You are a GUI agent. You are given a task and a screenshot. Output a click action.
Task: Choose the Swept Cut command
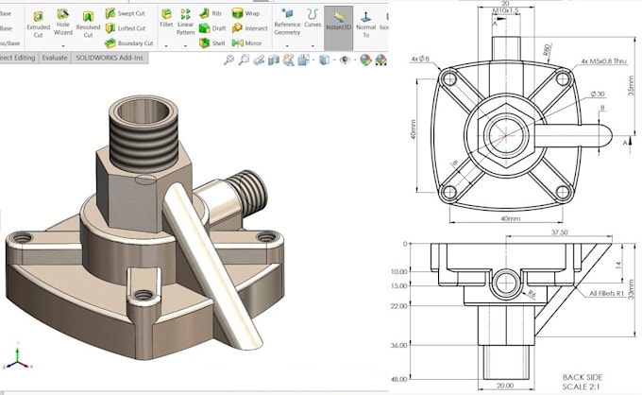point(126,13)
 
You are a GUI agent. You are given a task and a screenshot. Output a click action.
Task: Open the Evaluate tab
point(54,57)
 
